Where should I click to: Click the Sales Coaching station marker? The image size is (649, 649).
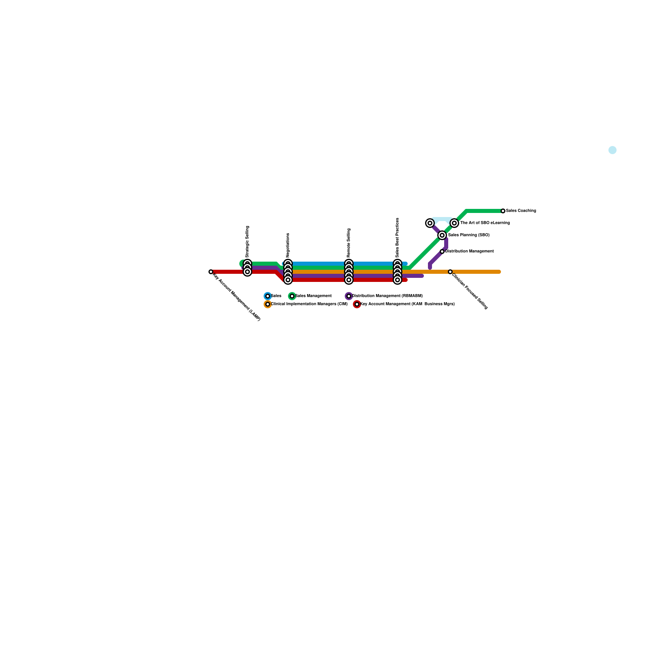tap(503, 211)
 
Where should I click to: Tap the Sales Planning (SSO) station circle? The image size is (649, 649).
tap(442, 235)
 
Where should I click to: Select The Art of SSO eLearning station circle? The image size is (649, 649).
tap(454, 223)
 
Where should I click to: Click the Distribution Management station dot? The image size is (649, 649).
tap(442, 251)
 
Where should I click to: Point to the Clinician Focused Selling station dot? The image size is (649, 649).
tap(450, 272)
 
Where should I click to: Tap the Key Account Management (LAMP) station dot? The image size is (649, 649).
tap(211, 272)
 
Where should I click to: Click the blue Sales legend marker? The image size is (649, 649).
tap(268, 296)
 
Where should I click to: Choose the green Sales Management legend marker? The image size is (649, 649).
tap(292, 296)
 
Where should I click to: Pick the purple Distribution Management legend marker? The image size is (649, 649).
tap(349, 296)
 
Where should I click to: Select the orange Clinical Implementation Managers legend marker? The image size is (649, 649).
tap(268, 304)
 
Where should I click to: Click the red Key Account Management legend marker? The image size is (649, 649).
tap(357, 304)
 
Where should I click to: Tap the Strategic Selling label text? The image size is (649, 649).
tap(247, 242)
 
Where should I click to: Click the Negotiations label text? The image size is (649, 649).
tap(288, 245)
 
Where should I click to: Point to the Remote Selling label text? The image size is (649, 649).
tap(349, 243)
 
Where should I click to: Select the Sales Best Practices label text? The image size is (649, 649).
tap(398, 238)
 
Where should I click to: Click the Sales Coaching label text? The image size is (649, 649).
tap(521, 211)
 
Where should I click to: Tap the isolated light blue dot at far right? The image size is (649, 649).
tap(612, 150)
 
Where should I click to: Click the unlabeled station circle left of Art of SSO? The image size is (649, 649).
tap(430, 223)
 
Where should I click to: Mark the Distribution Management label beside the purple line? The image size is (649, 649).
tap(469, 251)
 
